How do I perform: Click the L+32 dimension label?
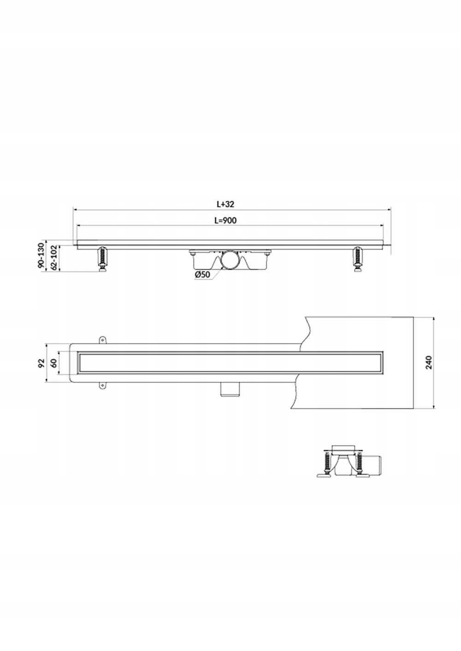coord(225,204)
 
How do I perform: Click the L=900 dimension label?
coord(226,221)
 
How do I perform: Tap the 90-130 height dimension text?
coord(41,255)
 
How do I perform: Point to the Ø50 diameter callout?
coord(202,274)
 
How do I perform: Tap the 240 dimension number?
coord(429,363)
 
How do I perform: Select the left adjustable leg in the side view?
coord(102,259)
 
